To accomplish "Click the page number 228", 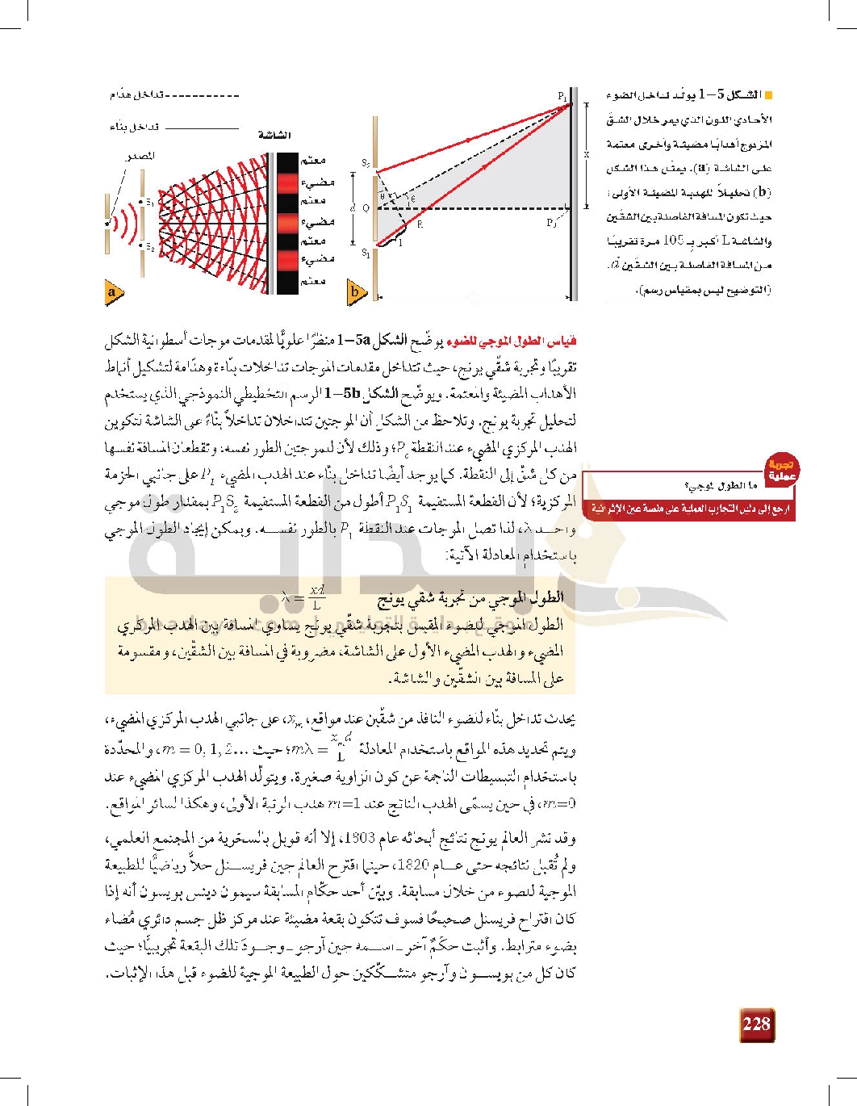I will [x=756, y=1024].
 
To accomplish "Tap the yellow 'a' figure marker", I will [x=112, y=293].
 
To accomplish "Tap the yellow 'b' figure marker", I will [x=356, y=293].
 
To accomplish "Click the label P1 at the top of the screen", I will [x=562, y=96].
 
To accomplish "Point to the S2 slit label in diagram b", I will [x=366, y=165].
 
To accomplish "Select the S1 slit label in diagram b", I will [x=366, y=253].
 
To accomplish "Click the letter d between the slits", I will [x=353, y=208].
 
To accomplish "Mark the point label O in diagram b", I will [x=366, y=208].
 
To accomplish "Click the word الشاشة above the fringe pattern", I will [x=275, y=135].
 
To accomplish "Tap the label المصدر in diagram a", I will [x=140, y=156].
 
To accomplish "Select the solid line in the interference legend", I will [x=207, y=128].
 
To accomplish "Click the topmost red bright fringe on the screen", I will [x=288, y=182].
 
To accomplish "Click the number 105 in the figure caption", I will [x=673, y=241].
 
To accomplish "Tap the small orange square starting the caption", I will [x=767, y=95].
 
